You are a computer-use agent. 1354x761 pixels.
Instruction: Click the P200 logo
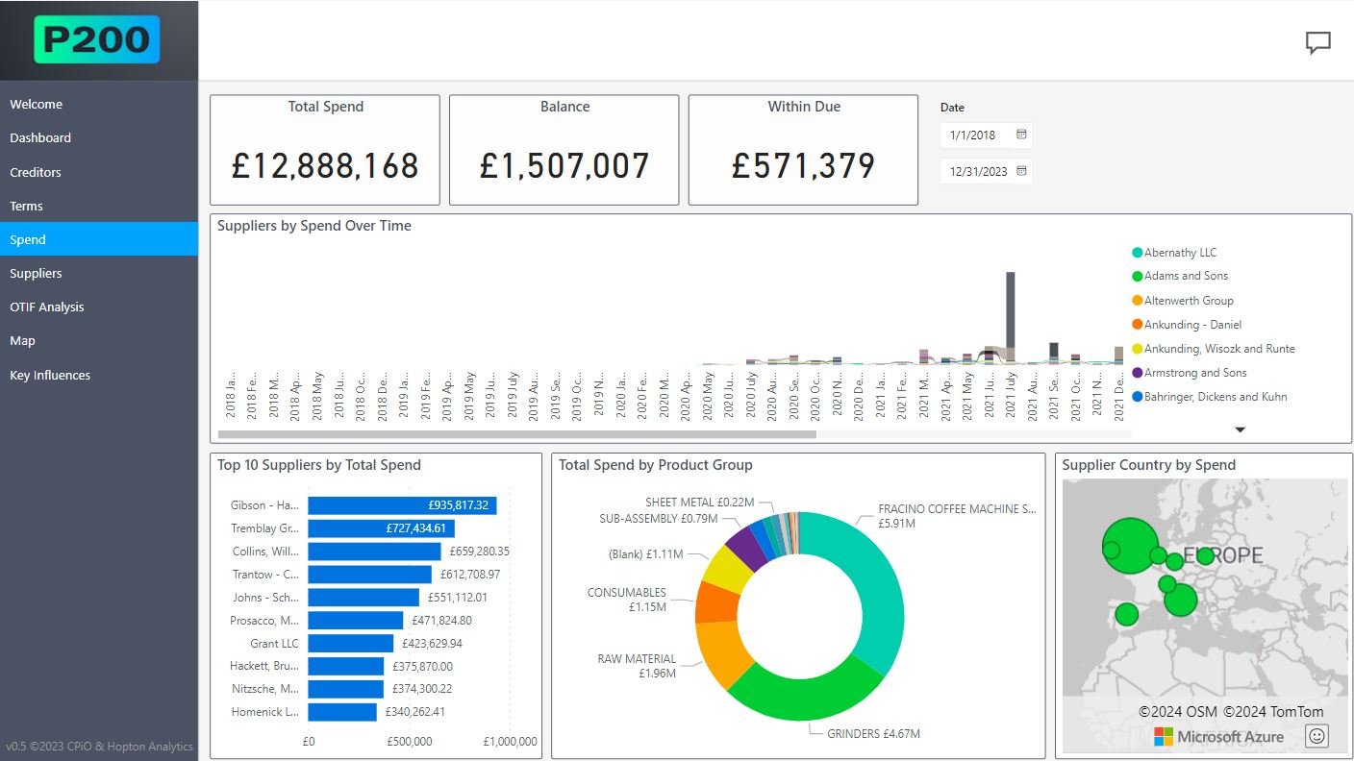tap(96, 39)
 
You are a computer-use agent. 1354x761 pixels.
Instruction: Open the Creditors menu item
tap(36, 172)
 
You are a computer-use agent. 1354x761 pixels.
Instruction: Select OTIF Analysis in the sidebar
tap(47, 307)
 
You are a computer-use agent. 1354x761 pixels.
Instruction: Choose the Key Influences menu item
tap(50, 375)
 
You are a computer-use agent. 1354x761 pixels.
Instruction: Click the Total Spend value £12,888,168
tap(325, 166)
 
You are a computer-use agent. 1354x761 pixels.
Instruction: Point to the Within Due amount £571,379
tap(803, 166)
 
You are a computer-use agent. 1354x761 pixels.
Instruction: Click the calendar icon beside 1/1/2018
tap(1021, 135)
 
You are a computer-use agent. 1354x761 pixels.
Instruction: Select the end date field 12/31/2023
tap(978, 171)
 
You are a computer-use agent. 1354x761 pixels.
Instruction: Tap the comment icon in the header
tap(1317, 42)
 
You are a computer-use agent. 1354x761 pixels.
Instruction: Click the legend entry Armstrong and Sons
tap(1195, 373)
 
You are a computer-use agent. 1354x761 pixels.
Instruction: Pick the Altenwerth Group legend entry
tap(1189, 301)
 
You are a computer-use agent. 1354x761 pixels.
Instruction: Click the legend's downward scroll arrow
tap(1240, 430)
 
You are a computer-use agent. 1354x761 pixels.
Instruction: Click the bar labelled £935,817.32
tap(402, 505)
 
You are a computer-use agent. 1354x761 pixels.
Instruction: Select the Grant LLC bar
tap(350, 643)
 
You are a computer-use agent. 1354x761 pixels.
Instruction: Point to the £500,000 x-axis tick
tap(410, 742)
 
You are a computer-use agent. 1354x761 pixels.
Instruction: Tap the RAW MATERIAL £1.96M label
tap(637, 666)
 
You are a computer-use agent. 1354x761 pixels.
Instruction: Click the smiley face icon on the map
tap(1316, 736)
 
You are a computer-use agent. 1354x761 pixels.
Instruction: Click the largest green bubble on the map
tap(1131, 545)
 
